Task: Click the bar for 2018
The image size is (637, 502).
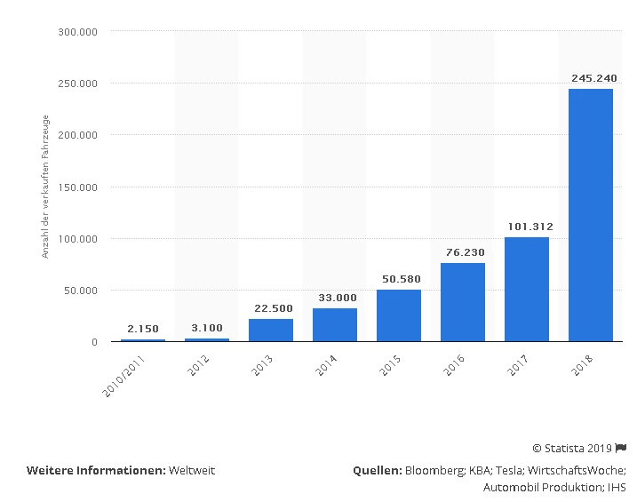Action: coord(591,215)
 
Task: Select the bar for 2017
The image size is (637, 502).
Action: coord(527,289)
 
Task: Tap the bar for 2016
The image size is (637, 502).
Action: coord(463,302)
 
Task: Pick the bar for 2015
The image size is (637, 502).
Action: coord(399,315)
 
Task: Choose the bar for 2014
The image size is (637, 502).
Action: coord(335,324)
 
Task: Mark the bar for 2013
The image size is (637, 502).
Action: coord(271,330)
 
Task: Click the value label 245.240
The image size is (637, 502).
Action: coord(591,78)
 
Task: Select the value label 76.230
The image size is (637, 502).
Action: coord(463,251)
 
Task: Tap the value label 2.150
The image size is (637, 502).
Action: coord(143,329)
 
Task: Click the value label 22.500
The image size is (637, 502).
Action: coord(271,308)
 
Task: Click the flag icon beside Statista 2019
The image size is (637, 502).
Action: coord(621,447)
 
